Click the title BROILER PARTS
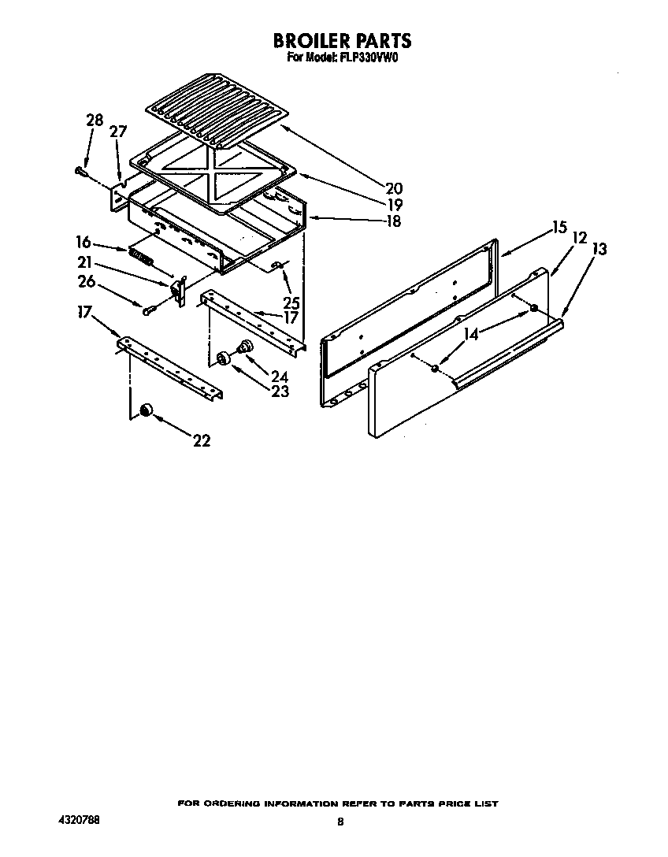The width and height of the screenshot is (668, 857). (x=342, y=40)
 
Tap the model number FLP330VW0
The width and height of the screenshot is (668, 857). (x=367, y=58)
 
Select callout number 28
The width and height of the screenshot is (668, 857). (x=95, y=121)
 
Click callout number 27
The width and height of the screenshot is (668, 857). (x=117, y=132)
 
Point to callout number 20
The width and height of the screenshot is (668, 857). (x=394, y=188)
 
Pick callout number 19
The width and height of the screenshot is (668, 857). (x=393, y=205)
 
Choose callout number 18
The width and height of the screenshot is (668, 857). (x=393, y=221)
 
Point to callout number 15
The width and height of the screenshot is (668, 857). (x=559, y=228)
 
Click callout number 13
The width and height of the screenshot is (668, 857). (x=599, y=250)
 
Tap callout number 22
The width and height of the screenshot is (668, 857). (x=202, y=441)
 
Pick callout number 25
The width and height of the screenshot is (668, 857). (x=291, y=302)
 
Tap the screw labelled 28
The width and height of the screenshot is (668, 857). (x=79, y=169)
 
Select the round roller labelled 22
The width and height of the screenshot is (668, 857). (x=146, y=409)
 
